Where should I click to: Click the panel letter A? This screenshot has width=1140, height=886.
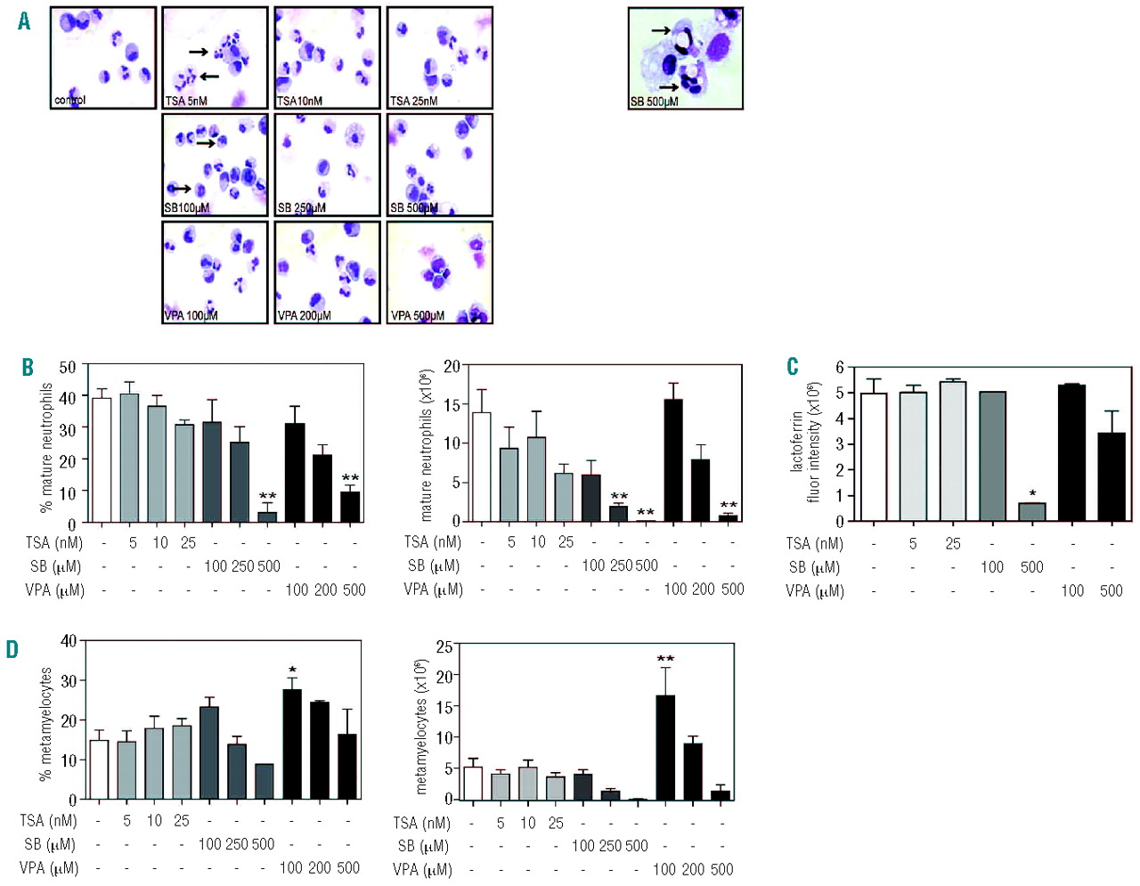coord(24,20)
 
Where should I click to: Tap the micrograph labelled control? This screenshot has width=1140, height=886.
coord(103,58)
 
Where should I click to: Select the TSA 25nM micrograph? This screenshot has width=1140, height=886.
coord(439,58)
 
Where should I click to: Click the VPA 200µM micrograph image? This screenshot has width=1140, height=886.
coord(327,272)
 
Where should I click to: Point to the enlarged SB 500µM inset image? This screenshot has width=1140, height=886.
coord(685,58)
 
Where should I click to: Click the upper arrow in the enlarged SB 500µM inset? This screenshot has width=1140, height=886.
coord(661,30)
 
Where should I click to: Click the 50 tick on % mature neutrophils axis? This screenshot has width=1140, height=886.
coord(68,367)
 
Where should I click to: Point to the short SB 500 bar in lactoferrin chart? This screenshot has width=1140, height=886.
coord(1032,512)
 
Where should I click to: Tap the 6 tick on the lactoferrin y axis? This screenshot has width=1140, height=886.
coord(839,367)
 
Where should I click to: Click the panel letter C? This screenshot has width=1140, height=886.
coord(792,367)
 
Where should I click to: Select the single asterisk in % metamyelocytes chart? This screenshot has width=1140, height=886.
coord(292,671)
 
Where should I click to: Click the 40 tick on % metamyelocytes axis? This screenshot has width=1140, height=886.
coord(69,640)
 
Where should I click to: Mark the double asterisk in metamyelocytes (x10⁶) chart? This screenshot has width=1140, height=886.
coord(665,660)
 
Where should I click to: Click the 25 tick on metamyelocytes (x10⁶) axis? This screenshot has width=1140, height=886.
coord(444,646)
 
